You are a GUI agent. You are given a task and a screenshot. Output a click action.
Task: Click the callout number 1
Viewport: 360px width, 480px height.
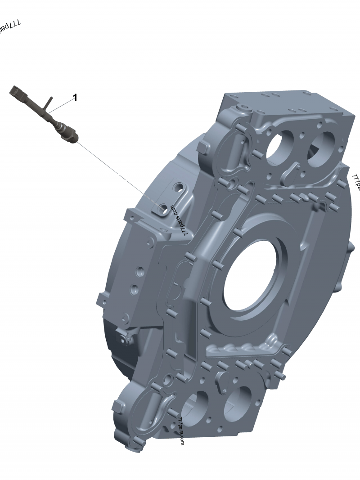(75, 98)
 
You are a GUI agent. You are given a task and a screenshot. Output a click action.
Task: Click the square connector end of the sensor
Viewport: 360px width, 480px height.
(14, 92)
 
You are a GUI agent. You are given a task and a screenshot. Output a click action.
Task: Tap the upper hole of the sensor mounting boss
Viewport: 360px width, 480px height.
(179, 187)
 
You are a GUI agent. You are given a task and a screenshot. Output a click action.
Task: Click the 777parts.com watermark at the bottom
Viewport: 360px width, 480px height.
(181, 431)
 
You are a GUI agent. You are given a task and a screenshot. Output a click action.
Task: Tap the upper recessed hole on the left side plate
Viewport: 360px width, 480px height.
(140, 271)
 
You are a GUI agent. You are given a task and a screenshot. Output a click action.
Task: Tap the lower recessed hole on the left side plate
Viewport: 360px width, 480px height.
(134, 289)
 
